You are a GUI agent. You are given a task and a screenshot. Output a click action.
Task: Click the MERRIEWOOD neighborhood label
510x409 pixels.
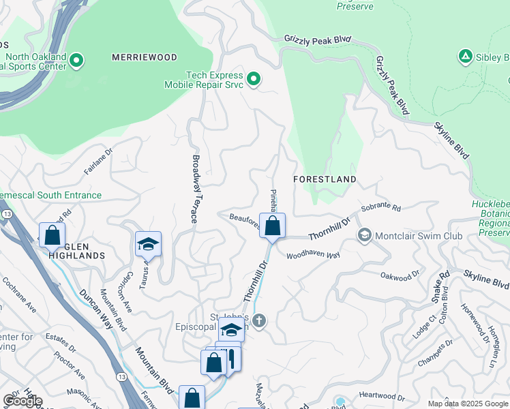145,58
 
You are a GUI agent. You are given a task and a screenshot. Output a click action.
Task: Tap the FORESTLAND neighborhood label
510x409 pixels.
325,179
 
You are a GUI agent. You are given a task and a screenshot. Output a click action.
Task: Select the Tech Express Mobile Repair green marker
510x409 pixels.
254,80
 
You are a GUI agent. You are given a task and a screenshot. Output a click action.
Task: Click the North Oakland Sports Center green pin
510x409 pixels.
76,61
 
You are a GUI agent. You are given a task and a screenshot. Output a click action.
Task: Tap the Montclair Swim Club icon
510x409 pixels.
364,235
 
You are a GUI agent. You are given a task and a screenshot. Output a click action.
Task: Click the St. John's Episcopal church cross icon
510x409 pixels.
258,320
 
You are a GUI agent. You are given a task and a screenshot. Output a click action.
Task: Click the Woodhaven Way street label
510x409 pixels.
313,255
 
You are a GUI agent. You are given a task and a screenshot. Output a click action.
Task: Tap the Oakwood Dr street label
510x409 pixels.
400,276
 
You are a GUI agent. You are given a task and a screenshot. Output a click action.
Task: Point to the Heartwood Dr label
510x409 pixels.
382,395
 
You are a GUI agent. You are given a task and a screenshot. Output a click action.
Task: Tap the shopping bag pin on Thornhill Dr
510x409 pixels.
272,226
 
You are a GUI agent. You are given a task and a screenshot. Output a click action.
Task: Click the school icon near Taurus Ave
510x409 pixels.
148,243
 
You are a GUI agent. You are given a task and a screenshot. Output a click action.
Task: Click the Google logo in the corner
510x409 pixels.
22,401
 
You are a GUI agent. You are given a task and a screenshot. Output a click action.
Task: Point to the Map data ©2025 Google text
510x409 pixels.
467,404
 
